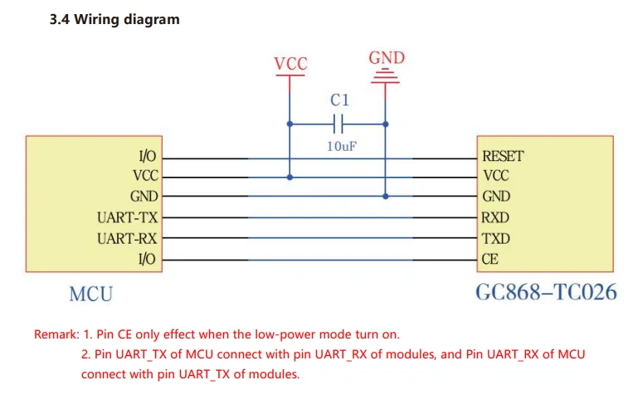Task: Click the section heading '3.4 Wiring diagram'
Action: pyautogui.click(x=114, y=19)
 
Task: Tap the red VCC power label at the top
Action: pyautogui.click(x=290, y=64)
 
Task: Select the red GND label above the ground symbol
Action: pyautogui.click(x=386, y=57)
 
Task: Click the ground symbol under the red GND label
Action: pyautogui.click(x=386, y=78)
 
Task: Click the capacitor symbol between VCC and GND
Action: pyautogui.click(x=338, y=124)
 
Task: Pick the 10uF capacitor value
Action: pyautogui.click(x=340, y=146)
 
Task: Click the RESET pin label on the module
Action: pyautogui.click(x=503, y=155)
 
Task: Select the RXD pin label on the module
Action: pyautogui.click(x=495, y=218)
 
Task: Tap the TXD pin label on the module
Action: pyautogui.click(x=495, y=239)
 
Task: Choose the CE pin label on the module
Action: pyautogui.click(x=489, y=260)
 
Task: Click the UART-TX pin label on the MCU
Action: pyautogui.click(x=126, y=218)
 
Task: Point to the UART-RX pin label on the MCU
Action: pyautogui.click(x=126, y=239)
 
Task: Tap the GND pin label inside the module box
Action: pyautogui.click(x=495, y=197)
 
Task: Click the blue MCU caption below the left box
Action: pyautogui.click(x=90, y=294)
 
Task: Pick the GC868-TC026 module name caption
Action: pyautogui.click(x=545, y=293)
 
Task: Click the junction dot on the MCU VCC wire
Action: pyautogui.click(x=290, y=176)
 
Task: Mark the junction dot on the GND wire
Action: pyautogui.click(x=386, y=197)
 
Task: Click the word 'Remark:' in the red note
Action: pyautogui.click(x=56, y=335)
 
